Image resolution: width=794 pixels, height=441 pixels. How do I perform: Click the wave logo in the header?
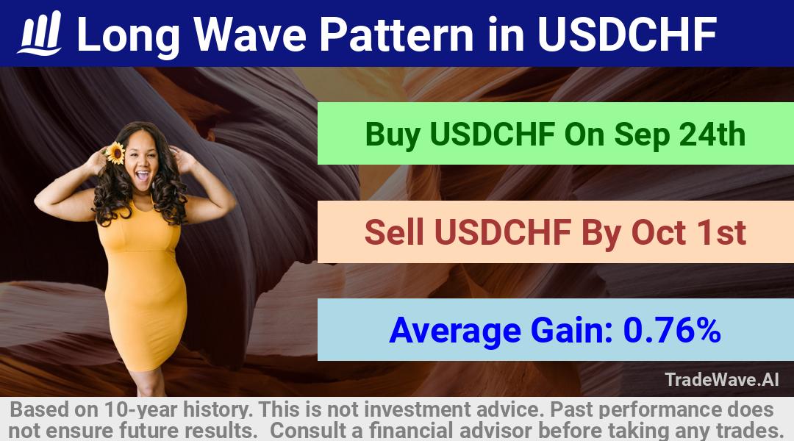point(40,33)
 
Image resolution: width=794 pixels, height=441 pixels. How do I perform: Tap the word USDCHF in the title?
point(627,34)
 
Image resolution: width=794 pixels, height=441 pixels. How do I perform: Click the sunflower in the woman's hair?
point(115,153)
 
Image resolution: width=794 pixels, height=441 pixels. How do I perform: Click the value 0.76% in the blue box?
point(672,330)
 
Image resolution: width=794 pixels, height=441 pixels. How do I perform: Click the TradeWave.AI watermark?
point(722,379)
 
